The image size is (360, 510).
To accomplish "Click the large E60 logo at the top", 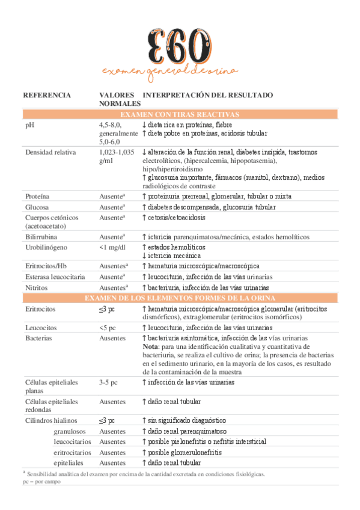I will coord(179,41).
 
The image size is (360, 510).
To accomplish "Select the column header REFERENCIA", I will coord(47,95).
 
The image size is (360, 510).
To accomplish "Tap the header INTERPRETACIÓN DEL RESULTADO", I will coord(208,95).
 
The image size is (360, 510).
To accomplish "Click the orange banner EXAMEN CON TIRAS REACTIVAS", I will coord(180,114).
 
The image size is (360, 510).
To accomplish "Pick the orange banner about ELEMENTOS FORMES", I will coord(180,298).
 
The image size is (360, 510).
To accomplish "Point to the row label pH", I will coord(29,124).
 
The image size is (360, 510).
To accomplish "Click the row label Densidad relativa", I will coord(50,152).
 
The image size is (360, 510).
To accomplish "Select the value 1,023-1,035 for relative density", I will coord(117,152).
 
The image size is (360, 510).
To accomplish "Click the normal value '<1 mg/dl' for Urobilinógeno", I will coord(113,247).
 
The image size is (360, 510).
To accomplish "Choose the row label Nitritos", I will coord(37,287).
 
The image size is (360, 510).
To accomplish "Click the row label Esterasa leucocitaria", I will coord(55,277).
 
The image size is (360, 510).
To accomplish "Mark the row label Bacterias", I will coord(38,339).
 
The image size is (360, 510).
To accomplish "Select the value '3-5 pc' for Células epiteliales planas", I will coord(108,382).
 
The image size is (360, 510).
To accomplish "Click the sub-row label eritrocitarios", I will coord(72,452).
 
